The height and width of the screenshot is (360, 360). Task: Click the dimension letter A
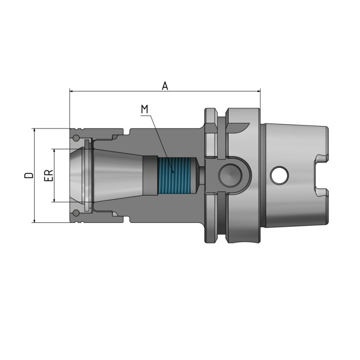coord(165,85)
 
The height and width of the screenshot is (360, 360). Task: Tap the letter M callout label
coord(144,109)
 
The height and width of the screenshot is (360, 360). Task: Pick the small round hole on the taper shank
coord(279,175)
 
